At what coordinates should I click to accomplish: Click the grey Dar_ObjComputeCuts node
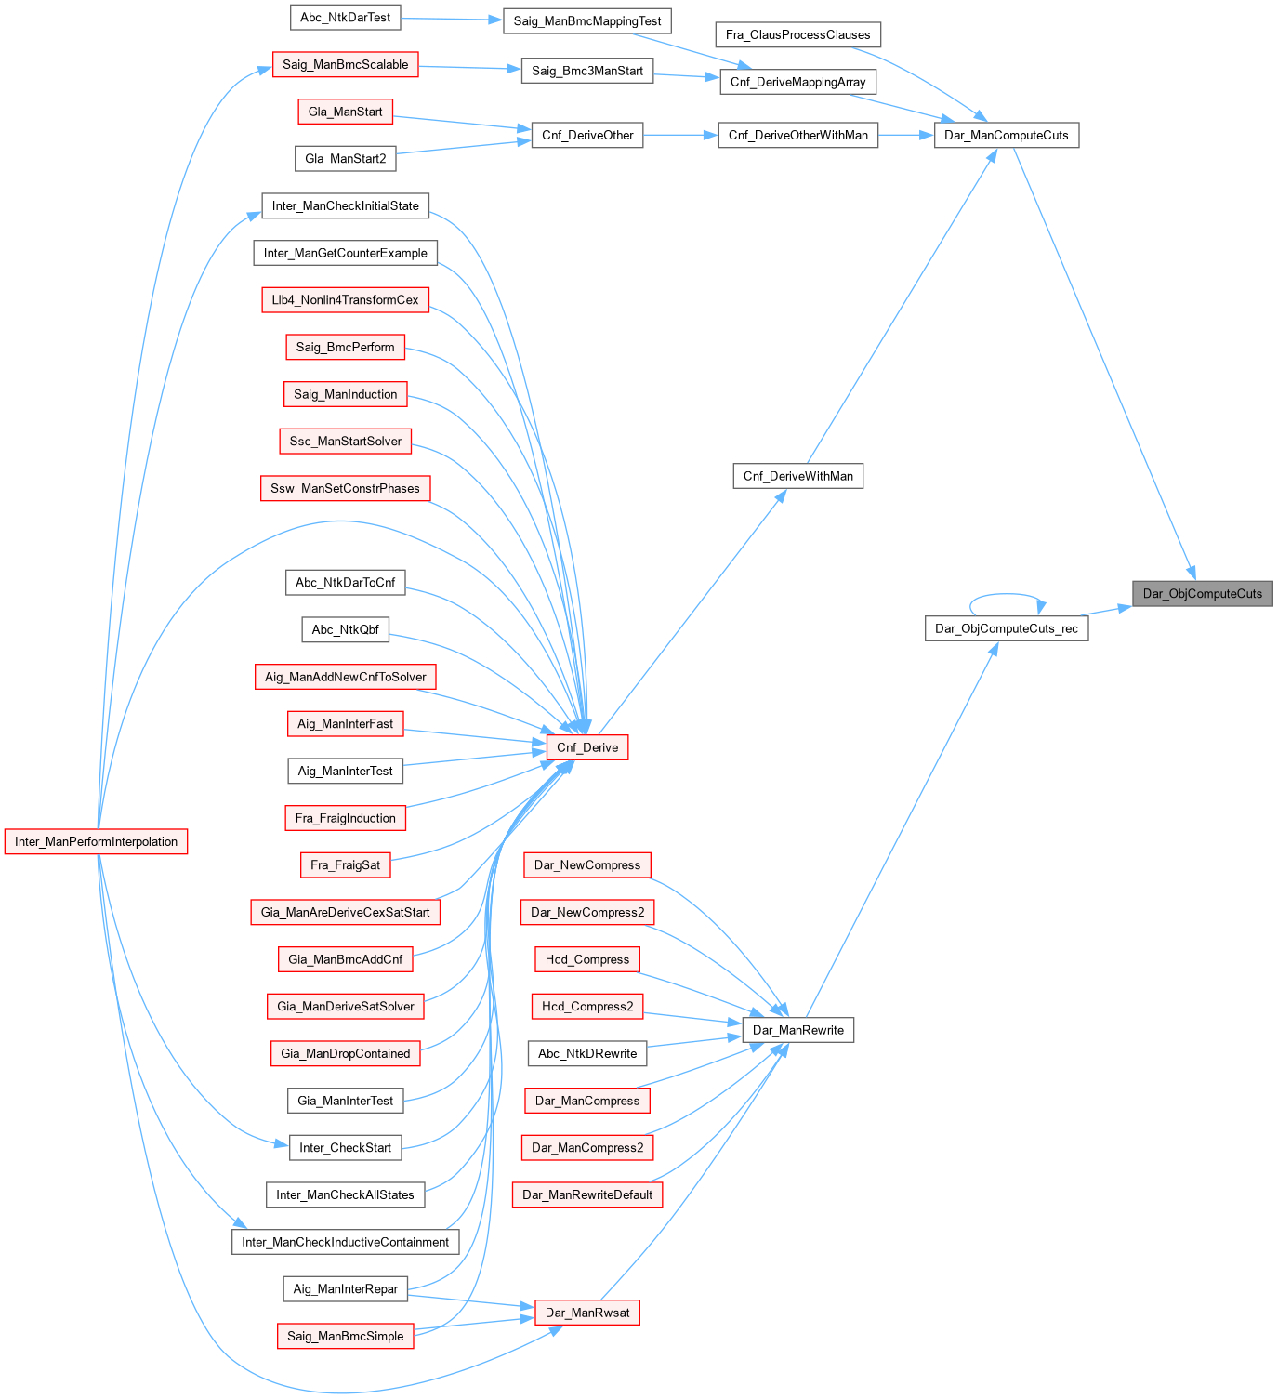[x=1202, y=593]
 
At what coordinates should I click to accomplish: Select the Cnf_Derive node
[x=587, y=747]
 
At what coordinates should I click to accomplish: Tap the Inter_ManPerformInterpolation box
[x=96, y=841]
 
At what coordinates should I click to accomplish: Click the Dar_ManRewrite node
[x=797, y=1030]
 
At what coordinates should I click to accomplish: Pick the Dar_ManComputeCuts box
[x=1006, y=135]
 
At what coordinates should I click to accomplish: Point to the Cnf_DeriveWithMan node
[x=797, y=476]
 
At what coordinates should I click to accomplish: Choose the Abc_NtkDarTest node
[x=345, y=17]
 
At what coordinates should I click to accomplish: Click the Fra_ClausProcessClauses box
[x=797, y=34]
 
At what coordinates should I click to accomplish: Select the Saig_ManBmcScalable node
[x=345, y=64]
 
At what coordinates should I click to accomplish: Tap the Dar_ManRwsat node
[x=587, y=1313]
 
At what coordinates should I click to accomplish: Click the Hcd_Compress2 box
[x=587, y=1006]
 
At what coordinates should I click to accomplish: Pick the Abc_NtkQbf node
[x=345, y=629]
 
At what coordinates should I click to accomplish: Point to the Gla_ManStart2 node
[x=345, y=159]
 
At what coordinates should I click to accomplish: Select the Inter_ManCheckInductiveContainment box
[x=345, y=1242]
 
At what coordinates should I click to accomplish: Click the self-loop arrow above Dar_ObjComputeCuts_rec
[x=1008, y=595]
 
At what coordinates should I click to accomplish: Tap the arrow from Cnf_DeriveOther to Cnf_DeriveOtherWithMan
[x=679, y=135]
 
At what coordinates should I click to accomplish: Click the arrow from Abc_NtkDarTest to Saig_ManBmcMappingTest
[x=452, y=19]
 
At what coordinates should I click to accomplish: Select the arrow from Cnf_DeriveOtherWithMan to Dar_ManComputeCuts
[x=905, y=135]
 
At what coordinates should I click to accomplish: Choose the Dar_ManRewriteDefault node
[x=587, y=1194]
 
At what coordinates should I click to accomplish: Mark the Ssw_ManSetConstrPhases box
[x=345, y=488]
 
